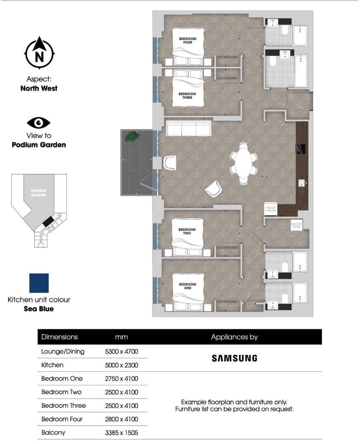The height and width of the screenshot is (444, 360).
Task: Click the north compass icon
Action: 40,53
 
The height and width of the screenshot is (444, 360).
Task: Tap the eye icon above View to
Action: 39,123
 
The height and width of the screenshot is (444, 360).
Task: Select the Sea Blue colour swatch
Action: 39,283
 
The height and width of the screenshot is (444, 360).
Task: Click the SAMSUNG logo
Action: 234,358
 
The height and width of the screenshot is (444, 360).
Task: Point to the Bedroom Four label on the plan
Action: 187,40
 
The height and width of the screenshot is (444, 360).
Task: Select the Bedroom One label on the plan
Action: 187,286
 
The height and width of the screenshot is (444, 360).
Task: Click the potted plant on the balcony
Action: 131,137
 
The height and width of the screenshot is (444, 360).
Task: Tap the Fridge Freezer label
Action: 270,209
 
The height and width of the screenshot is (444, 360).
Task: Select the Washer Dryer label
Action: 297,225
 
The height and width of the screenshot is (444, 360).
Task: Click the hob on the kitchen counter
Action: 301,149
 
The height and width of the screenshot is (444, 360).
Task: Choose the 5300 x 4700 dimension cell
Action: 121,352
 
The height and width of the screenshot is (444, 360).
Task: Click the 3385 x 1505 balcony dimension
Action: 121,433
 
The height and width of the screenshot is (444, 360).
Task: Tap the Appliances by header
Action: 234,337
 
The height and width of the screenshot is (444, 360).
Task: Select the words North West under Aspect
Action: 39,88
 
